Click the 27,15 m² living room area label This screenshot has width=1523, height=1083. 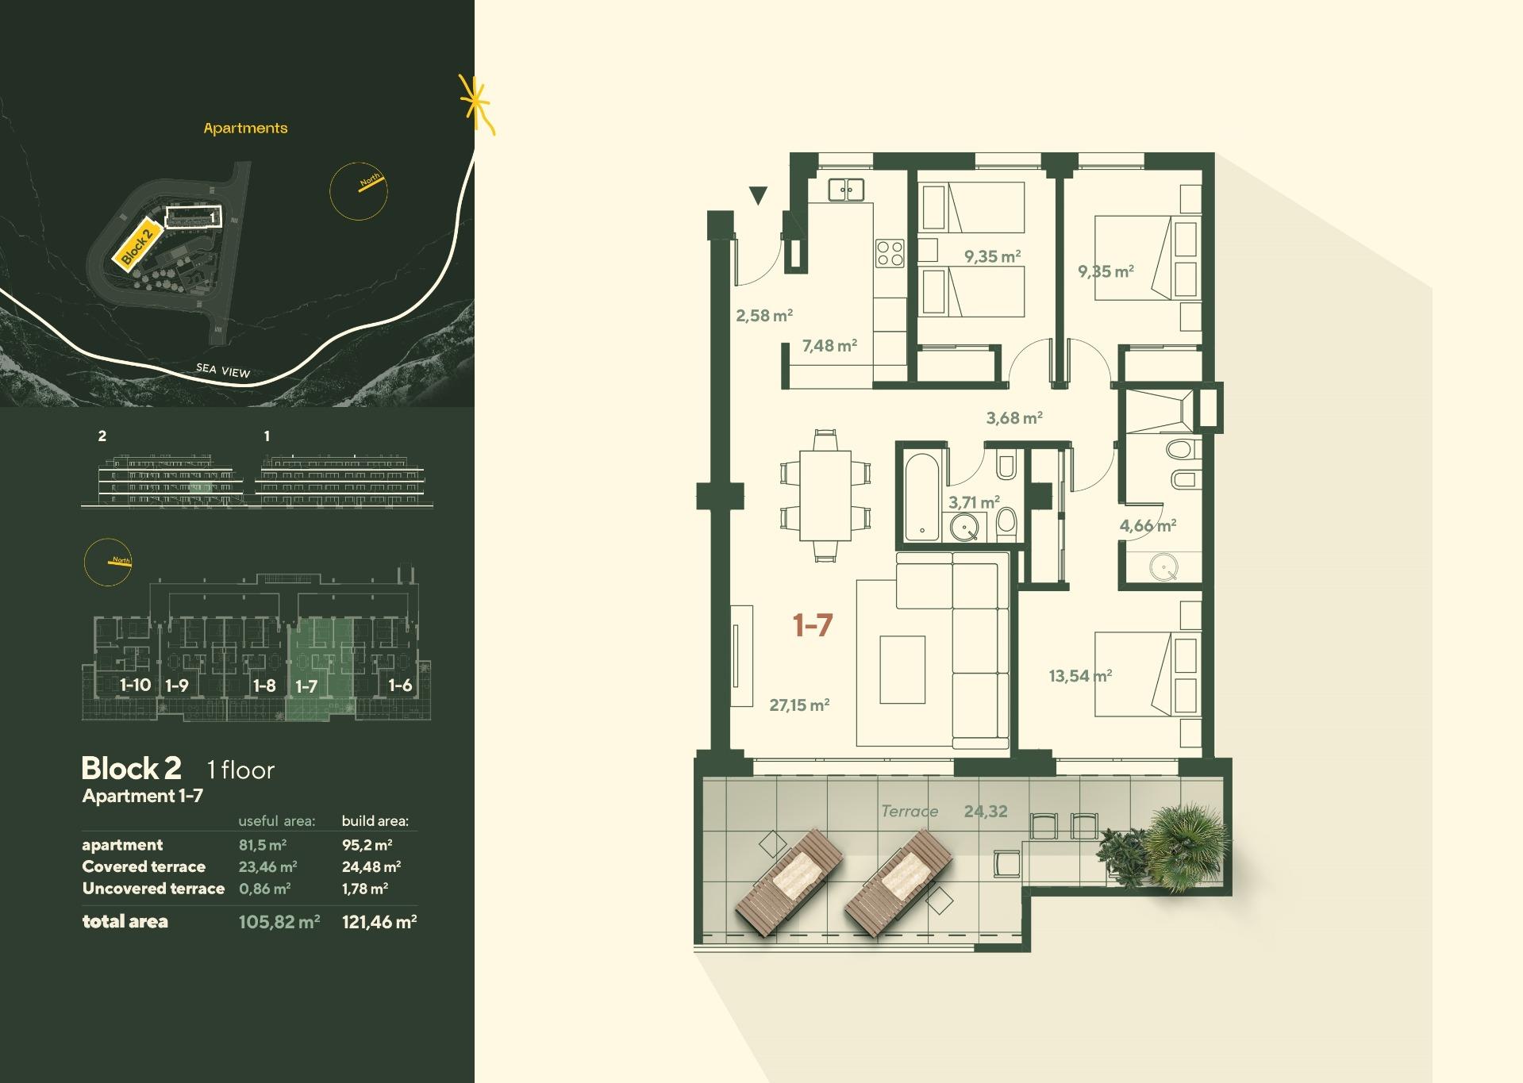click(799, 705)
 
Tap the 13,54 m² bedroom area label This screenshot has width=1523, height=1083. click(1080, 676)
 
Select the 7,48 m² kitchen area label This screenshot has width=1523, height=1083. click(829, 345)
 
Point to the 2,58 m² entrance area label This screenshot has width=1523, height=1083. click(764, 315)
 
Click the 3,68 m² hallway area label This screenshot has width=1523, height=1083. click(1014, 417)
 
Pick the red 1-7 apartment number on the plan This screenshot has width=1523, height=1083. click(813, 625)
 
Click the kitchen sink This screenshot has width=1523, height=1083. click(846, 190)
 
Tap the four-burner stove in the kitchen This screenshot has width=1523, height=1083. click(890, 253)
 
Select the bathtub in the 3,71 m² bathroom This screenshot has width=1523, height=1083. click(922, 497)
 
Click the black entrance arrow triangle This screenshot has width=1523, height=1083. click(759, 195)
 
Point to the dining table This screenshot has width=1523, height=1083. click(825, 495)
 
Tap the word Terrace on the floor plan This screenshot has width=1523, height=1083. click(910, 811)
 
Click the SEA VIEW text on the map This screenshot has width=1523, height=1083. click(223, 370)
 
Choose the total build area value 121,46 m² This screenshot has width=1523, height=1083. click(379, 922)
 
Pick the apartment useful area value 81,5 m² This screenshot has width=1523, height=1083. click(263, 845)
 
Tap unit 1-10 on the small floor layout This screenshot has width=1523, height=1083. click(135, 685)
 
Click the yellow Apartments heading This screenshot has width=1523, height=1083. click(245, 128)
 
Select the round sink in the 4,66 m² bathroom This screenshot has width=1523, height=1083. click(1163, 567)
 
